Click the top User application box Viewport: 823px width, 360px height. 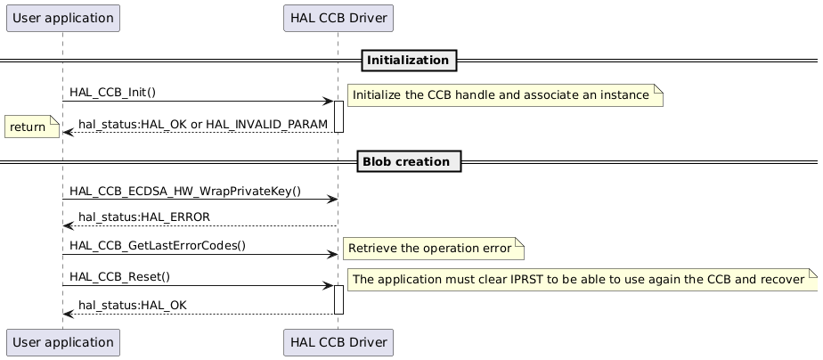pyautogui.click(x=62, y=18)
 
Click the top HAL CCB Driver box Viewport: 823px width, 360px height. pyautogui.click(x=338, y=18)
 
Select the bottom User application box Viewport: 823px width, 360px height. pyautogui.click(x=62, y=341)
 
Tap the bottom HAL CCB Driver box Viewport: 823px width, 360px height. pyautogui.click(x=338, y=341)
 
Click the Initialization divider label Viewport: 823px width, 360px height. pyautogui.click(x=409, y=61)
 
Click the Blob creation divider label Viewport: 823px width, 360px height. pyautogui.click(x=409, y=162)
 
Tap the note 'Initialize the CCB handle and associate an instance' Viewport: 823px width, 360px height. pyautogui.click(x=504, y=94)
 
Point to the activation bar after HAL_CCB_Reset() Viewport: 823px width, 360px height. pyautogui.click(x=338, y=299)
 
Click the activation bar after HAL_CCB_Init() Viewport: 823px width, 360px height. pyautogui.click(x=338, y=117)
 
